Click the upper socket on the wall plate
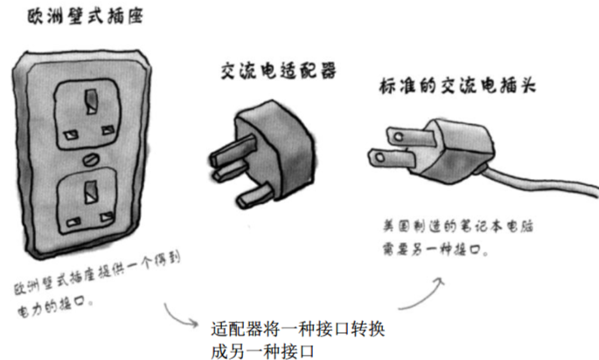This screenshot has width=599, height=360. [88, 114]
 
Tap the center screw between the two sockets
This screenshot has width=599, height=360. [90, 160]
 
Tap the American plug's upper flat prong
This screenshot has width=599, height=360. [394, 136]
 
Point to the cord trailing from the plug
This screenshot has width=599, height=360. [543, 183]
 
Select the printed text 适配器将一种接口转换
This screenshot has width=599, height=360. [298, 331]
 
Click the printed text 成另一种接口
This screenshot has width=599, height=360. [262, 350]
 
